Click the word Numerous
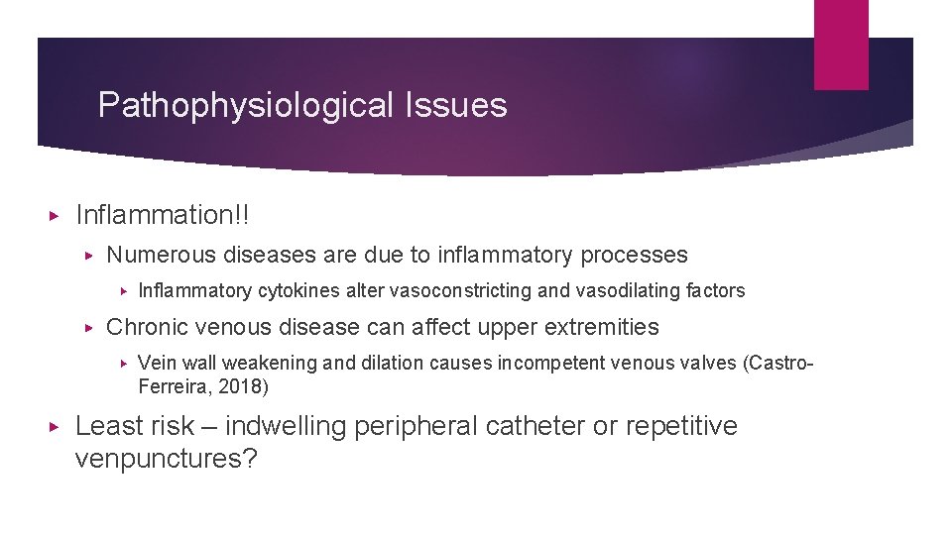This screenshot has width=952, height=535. (x=163, y=255)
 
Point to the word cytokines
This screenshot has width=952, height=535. (x=292, y=290)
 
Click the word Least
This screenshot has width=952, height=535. (x=108, y=426)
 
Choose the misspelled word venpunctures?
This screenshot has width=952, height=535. (x=166, y=460)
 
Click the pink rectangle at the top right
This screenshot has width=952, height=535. (x=841, y=44)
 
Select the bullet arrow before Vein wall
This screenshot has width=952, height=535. (x=123, y=364)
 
